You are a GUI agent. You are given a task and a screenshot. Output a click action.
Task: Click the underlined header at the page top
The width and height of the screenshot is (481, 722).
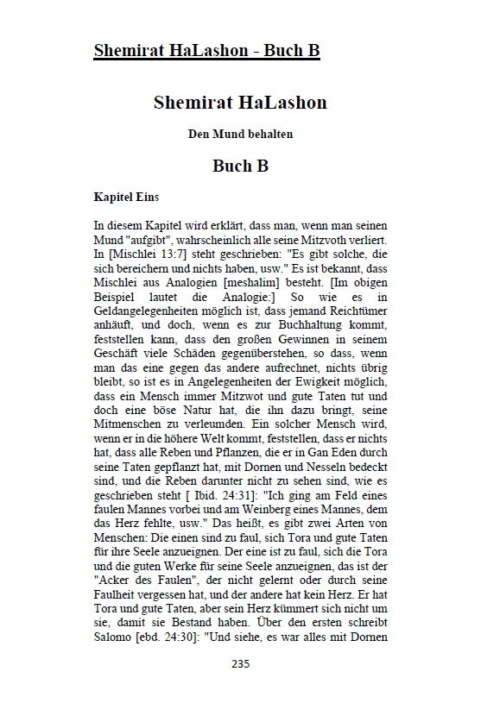coord(206,51)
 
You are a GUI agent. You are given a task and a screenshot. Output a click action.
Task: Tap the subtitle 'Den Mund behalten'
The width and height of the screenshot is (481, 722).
coord(240,134)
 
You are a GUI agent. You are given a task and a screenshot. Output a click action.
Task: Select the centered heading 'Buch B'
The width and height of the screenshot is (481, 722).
coord(240,166)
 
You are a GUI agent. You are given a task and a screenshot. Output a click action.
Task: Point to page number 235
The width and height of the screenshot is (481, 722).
coord(241,688)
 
